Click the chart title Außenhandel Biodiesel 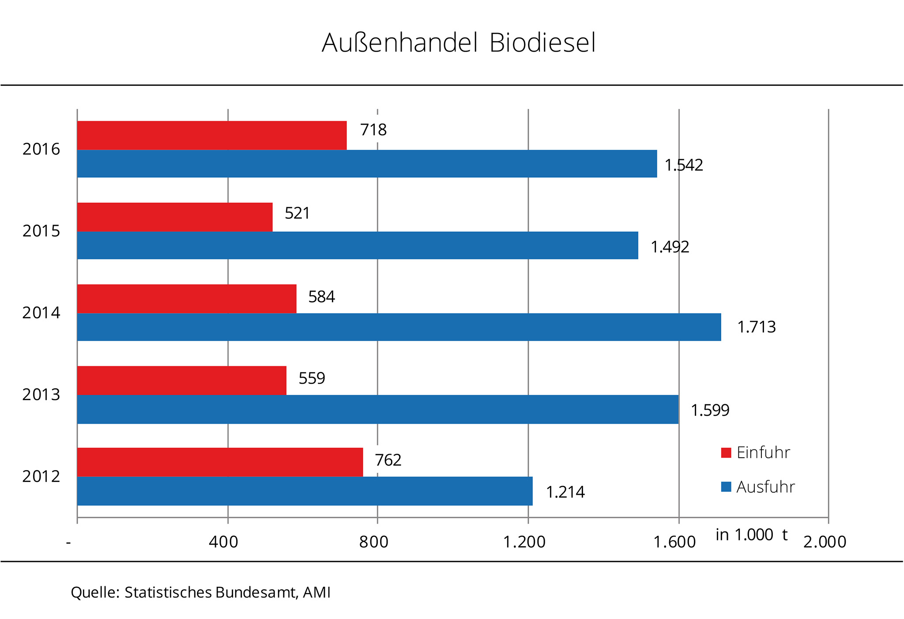[459, 43]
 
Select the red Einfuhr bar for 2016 [212, 135]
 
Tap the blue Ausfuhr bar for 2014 [399, 327]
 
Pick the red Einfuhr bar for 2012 [220, 462]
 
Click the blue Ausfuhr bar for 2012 [305, 491]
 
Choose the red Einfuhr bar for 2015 [175, 217]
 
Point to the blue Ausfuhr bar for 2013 [378, 409]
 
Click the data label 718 [373, 130]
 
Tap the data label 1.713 [756, 327]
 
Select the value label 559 [312, 378]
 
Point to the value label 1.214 [565, 492]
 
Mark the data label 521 [297, 213]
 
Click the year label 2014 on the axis [41, 313]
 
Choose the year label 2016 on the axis [41, 149]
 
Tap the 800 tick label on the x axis [373, 542]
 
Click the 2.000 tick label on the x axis [825, 542]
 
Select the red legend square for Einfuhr [726, 452]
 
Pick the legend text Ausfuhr [765, 487]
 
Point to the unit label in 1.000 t [751, 535]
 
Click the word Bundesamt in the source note [256, 592]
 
